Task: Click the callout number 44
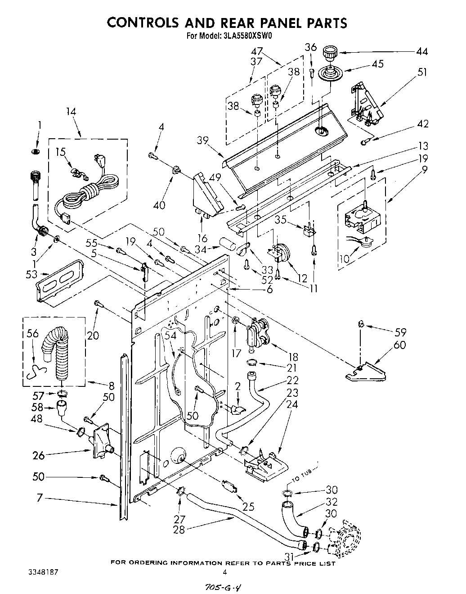(421, 51)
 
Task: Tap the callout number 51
(421, 72)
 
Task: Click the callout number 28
(179, 530)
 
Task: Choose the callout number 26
(39, 455)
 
